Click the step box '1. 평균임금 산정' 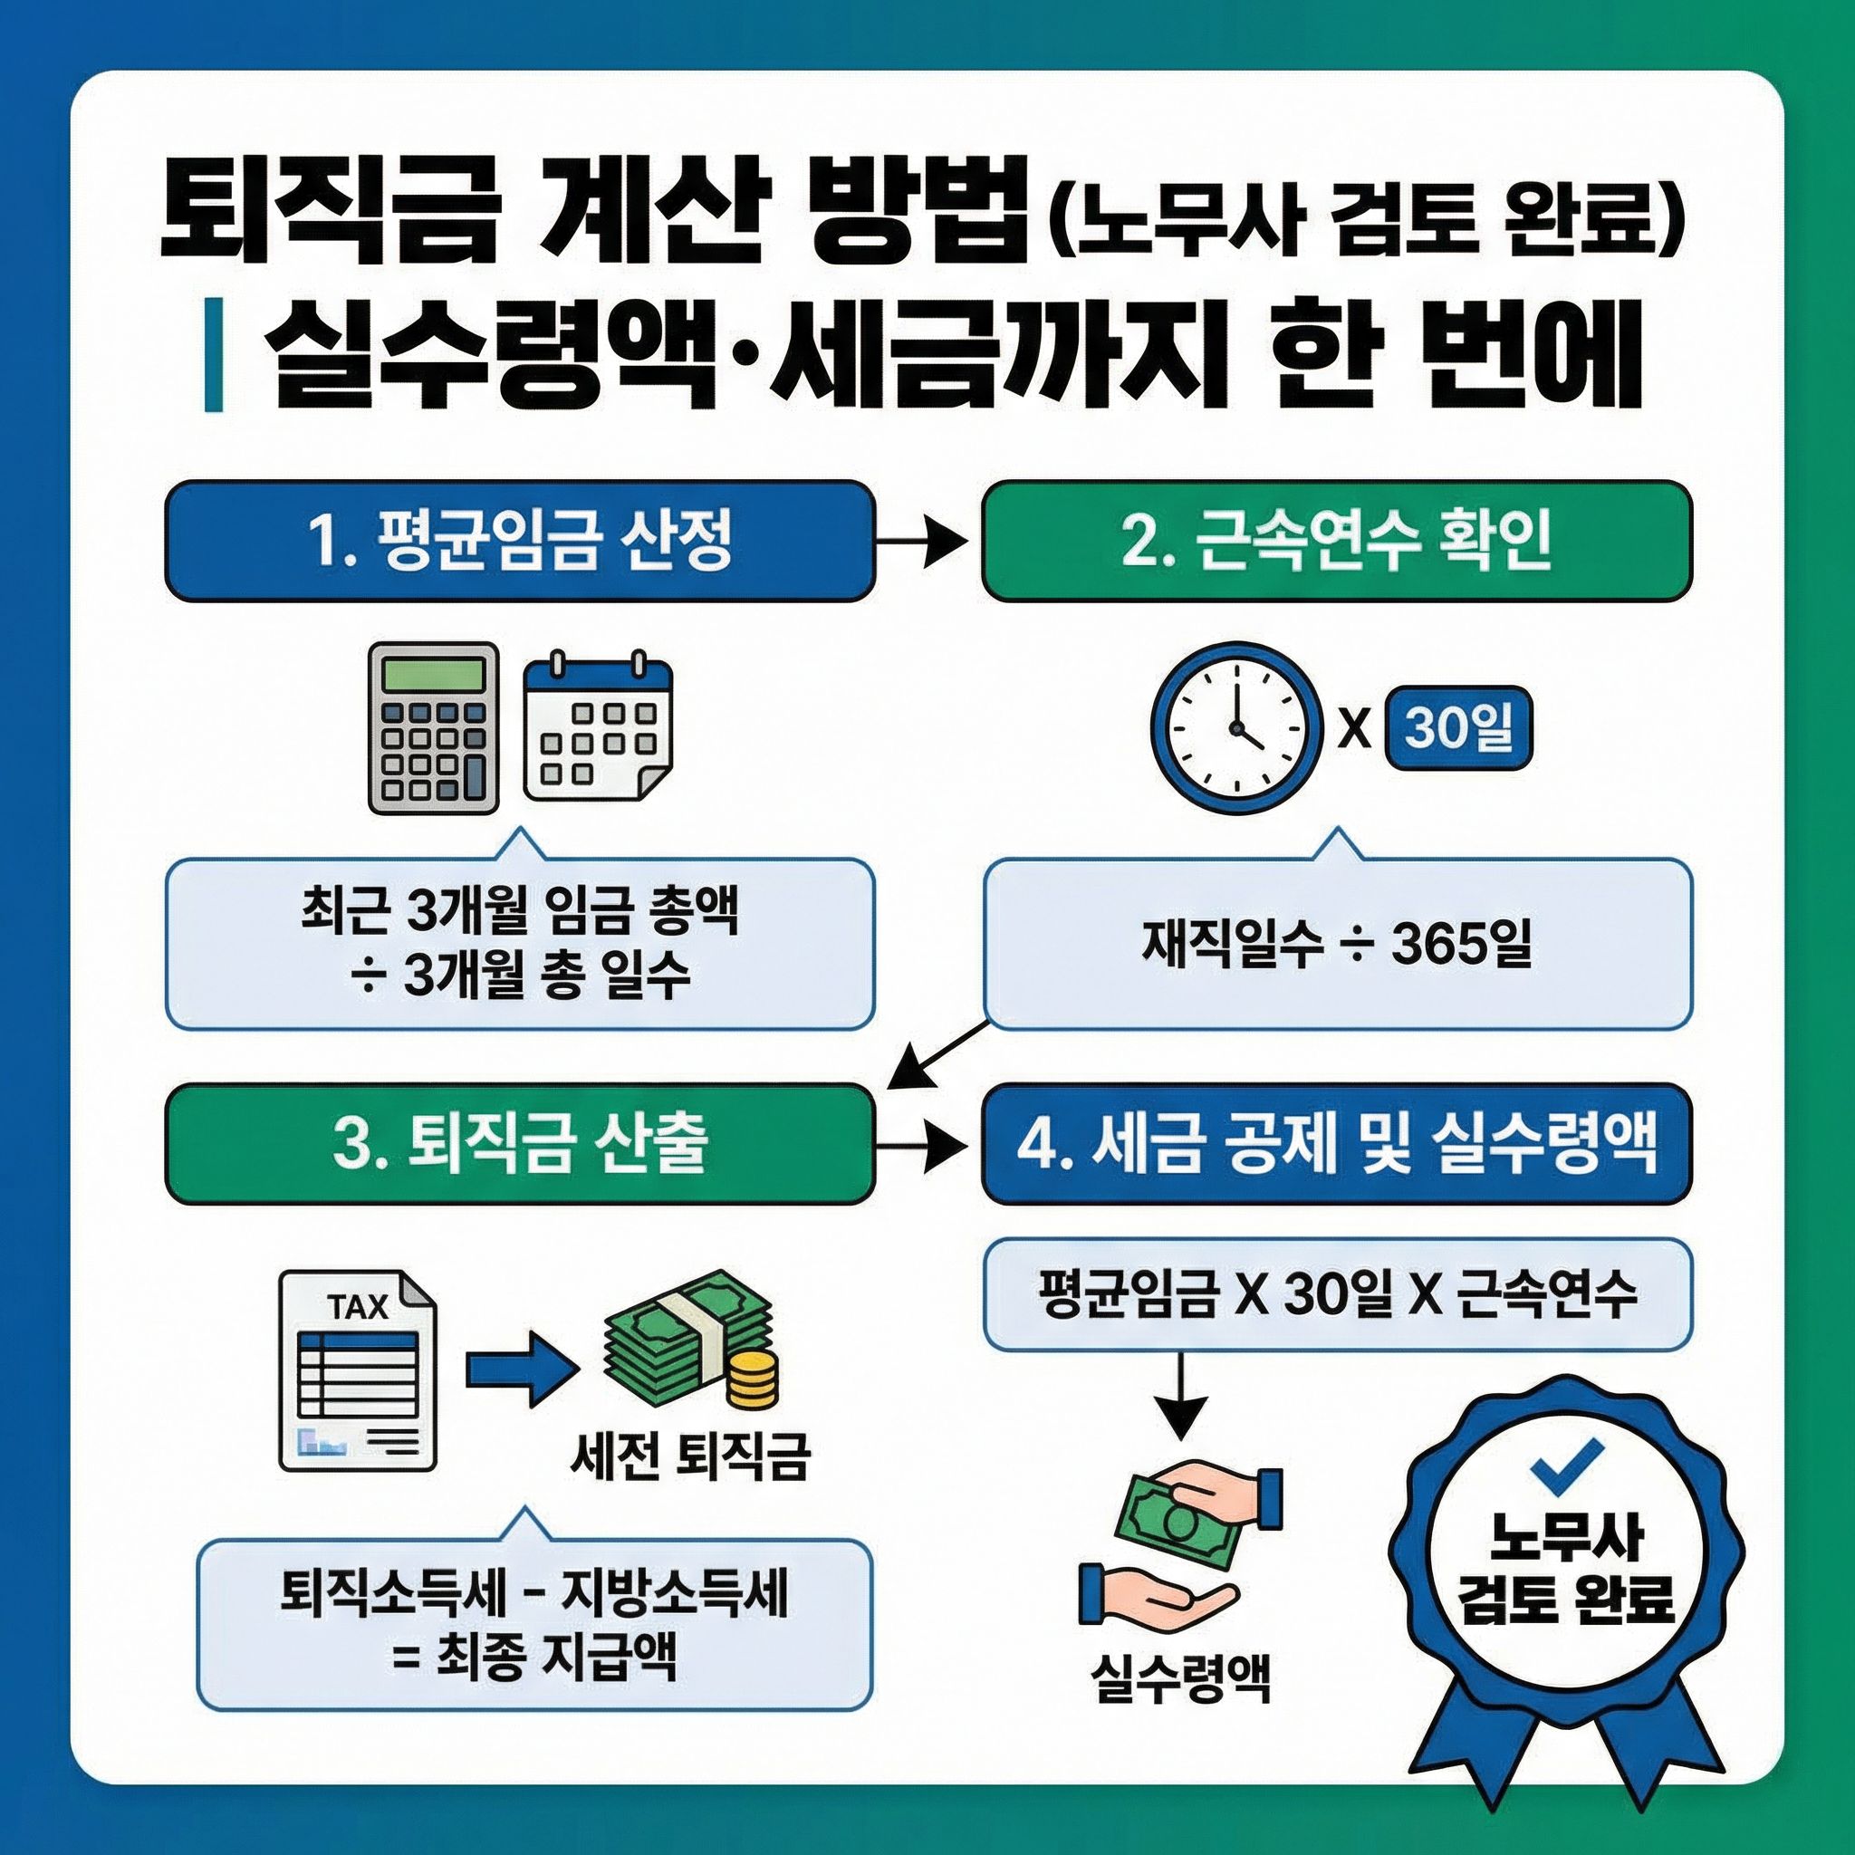pos(519,542)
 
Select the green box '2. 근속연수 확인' pos(1336,542)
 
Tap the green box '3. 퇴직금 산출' pos(519,1144)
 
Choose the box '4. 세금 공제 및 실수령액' pos(1336,1144)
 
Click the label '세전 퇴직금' pos(689,1483)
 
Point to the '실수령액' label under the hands pos(1180,1679)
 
